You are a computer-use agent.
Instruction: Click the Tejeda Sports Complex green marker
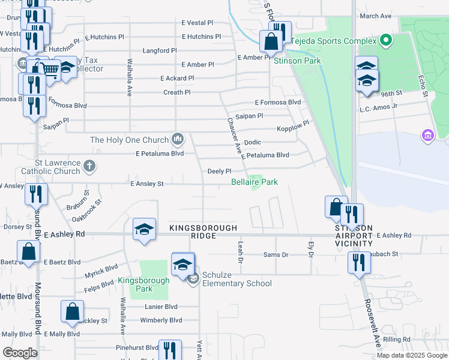tap(385, 41)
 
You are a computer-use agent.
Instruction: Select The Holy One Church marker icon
tap(177, 140)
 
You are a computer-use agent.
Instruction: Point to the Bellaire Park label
tap(255, 181)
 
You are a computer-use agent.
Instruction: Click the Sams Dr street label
tap(276, 255)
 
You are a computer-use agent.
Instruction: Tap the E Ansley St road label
tap(147, 184)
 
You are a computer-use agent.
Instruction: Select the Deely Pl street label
tap(219, 171)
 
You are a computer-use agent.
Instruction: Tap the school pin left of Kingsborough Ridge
tap(144, 230)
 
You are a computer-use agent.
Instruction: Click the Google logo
tap(20, 352)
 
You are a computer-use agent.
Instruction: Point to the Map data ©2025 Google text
tap(411, 355)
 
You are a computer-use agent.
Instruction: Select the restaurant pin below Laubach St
tap(359, 263)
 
